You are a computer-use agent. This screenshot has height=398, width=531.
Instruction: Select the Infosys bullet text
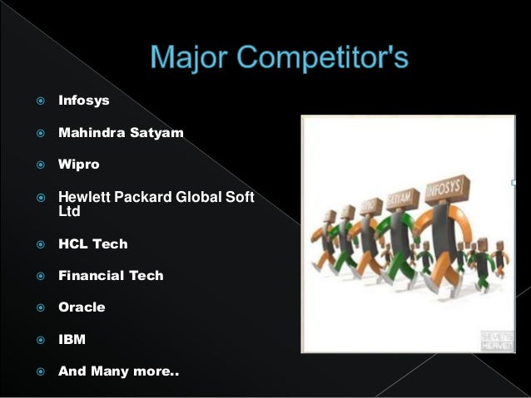click(x=83, y=101)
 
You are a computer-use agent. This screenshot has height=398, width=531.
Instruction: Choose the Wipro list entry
click(x=78, y=164)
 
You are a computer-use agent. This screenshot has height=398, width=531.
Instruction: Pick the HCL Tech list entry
click(x=92, y=243)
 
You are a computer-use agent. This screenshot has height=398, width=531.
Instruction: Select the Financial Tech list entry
click(x=111, y=275)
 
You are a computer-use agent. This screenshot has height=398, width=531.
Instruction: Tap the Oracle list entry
click(x=82, y=307)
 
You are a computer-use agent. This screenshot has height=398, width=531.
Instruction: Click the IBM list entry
click(x=72, y=339)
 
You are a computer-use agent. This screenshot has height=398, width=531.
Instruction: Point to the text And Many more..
click(x=117, y=371)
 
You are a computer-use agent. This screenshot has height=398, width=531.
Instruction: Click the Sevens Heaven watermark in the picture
click(x=496, y=340)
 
